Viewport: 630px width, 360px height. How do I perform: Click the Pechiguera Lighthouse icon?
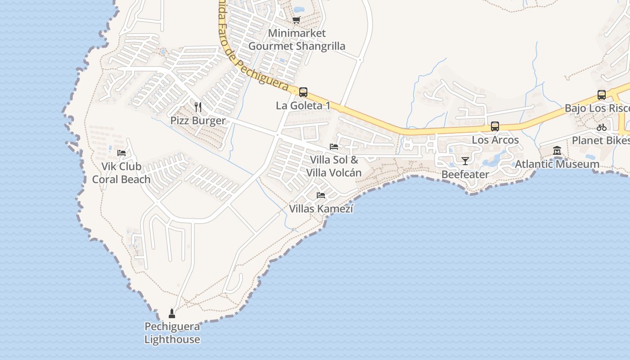click(x=171, y=313)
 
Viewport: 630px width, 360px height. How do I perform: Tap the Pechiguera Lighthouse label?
click(x=172, y=333)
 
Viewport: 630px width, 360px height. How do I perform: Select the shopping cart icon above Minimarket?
click(x=296, y=20)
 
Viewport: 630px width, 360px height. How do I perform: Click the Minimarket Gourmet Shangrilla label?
click(x=297, y=40)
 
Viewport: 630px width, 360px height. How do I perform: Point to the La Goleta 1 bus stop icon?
click(x=303, y=92)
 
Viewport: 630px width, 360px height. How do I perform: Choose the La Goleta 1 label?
click(x=303, y=106)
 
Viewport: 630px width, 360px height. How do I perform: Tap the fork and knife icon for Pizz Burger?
click(x=198, y=107)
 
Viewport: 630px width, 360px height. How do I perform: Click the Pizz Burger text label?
click(x=198, y=121)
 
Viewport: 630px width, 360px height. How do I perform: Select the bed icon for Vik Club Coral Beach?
click(x=121, y=153)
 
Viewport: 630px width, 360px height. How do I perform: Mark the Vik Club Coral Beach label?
click(x=121, y=173)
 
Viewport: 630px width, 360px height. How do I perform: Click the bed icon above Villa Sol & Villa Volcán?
click(x=334, y=147)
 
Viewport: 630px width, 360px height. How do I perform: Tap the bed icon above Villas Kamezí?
click(x=321, y=195)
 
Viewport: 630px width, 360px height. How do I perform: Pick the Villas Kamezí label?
click(x=321, y=209)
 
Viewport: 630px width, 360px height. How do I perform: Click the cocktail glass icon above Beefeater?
click(x=465, y=161)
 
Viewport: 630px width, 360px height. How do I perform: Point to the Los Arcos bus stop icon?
click(x=495, y=126)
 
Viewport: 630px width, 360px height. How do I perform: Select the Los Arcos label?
click(x=495, y=140)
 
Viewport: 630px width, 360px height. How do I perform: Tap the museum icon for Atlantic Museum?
click(x=557, y=151)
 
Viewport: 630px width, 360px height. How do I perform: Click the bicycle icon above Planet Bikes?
click(x=602, y=127)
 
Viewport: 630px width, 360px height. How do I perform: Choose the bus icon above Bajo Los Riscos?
click(x=602, y=95)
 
